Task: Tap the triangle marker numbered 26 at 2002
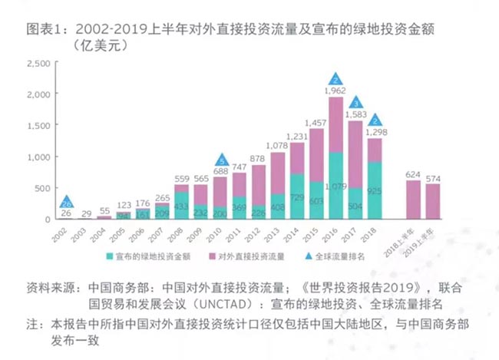point(67,203)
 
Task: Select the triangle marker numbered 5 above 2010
point(221,160)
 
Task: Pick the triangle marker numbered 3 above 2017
point(355,103)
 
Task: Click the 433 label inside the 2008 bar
point(182,206)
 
